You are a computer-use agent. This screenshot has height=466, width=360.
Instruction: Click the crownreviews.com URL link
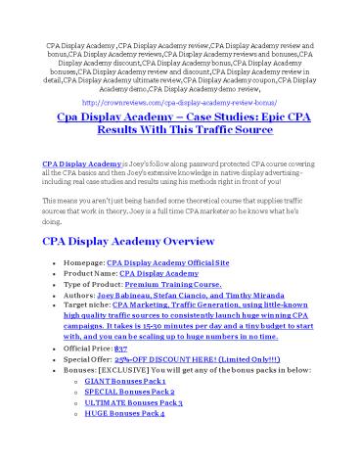coord(179,100)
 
